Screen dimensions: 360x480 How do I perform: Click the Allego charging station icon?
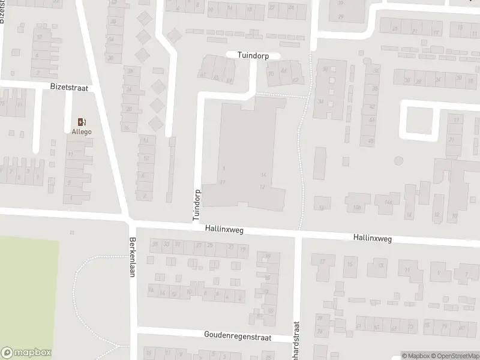coord(81,122)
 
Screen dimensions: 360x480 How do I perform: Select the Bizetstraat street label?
coord(69,88)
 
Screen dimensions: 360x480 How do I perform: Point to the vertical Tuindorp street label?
coord(196,206)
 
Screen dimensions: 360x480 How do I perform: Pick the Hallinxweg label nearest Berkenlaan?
coord(224,230)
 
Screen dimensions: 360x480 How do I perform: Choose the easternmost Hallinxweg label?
coord(373,238)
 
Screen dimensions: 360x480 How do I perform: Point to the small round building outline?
coord(398,161)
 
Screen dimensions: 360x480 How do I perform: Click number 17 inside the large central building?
coord(223,182)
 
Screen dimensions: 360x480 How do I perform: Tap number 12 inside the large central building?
coord(262,187)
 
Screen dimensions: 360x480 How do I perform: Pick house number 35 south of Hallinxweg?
coord(155,244)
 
